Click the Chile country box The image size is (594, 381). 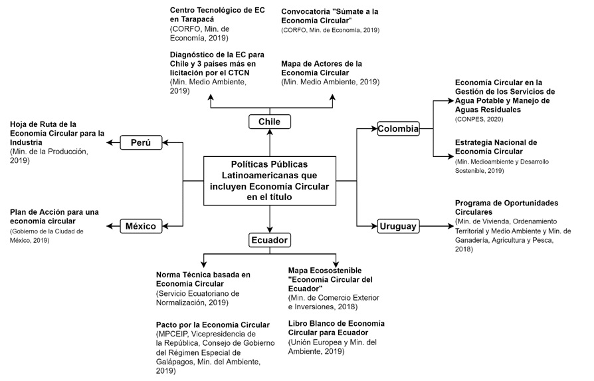[270, 122]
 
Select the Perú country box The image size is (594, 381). [141, 142]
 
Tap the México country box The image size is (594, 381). [141, 226]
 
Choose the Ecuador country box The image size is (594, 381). [270, 240]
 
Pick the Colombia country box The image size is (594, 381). [399, 128]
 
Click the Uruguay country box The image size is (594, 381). [399, 226]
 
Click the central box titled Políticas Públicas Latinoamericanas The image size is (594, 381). [270, 180]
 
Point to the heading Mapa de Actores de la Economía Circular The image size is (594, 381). [322, 68]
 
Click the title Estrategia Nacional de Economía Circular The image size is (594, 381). [496, 147]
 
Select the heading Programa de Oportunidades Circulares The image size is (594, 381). [507, 207]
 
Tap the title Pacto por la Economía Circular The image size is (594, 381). [213, 324]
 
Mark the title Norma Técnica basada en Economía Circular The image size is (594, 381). [203, 279]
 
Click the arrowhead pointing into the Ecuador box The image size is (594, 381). [270, 229]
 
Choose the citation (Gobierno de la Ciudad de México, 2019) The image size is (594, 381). [56, 235]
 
